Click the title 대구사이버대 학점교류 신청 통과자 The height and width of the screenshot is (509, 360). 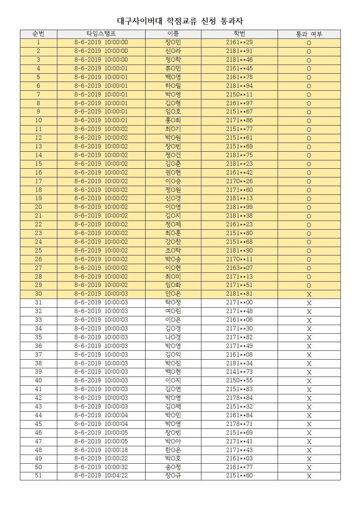point(180,21)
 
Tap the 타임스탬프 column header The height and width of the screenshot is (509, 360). point(101,34)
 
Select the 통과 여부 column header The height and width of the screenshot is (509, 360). point(309,34)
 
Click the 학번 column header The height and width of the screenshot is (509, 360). point(239,34)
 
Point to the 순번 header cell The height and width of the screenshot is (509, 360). point(38,34)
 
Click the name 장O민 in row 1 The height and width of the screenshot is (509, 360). point(173,42)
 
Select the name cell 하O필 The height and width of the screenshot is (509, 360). point(173,86)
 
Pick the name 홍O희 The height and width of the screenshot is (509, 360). point(173,120)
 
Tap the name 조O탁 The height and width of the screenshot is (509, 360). point(173,251)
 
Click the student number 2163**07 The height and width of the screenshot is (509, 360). point(239,268)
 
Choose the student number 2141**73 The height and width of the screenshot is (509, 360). point(239,372)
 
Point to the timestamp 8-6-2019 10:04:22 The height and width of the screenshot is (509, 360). point(101,476)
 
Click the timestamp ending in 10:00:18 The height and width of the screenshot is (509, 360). point(101,450)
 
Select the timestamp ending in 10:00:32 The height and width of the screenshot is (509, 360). point(101,467)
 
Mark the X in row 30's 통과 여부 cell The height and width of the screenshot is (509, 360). point(309,295)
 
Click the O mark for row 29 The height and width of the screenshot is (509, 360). point(309,286)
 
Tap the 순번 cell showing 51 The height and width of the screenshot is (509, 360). point(38,476)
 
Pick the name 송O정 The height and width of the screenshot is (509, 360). point(173,467)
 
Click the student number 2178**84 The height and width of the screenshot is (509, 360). point(239,398)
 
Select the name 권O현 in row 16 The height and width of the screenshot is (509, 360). point(173,173)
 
